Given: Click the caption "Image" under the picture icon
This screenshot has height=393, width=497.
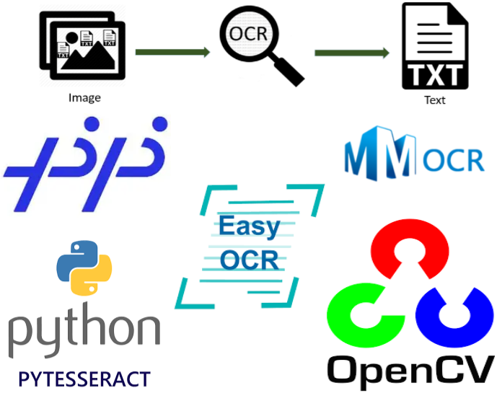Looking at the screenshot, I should pos(84,97).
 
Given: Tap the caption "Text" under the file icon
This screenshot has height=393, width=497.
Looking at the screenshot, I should pos(434,100).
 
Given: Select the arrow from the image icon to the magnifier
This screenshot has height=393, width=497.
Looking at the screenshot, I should pos(172,52).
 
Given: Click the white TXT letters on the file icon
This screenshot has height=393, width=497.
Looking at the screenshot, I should pos(434,74).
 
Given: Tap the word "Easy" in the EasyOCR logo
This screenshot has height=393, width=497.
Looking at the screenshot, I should pos(249,226).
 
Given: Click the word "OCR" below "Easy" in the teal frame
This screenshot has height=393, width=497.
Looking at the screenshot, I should pos(250,259).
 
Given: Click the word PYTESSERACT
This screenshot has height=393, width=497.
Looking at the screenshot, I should pos(84,378).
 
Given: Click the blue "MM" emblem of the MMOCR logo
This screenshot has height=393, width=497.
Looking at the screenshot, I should pos(380,155).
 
